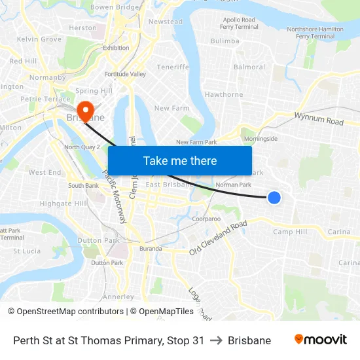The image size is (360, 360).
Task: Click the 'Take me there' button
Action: (180, 160)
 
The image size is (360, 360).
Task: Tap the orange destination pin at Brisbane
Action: (85, 109)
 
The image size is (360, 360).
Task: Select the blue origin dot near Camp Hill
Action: (274, 197)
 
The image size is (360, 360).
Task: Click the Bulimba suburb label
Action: (225, 41)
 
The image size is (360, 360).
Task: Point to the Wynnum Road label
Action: (319, 118)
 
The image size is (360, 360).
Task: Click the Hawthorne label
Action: (224, 94)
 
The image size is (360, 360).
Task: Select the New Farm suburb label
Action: (171, 108)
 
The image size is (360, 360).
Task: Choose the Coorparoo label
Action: (207, 219)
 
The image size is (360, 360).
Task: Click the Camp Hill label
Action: (290, 232)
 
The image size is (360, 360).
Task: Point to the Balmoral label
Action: (249, 67)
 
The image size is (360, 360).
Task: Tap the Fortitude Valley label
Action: (125, 74)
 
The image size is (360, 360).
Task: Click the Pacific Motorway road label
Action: (114, 197)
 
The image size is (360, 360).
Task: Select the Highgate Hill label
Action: (63, 204)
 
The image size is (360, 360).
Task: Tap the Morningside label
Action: (261, 139)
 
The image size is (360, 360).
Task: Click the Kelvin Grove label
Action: (39, 39)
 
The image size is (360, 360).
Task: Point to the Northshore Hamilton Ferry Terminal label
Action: (315, 33)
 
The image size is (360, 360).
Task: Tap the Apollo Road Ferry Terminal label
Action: (238, 24)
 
